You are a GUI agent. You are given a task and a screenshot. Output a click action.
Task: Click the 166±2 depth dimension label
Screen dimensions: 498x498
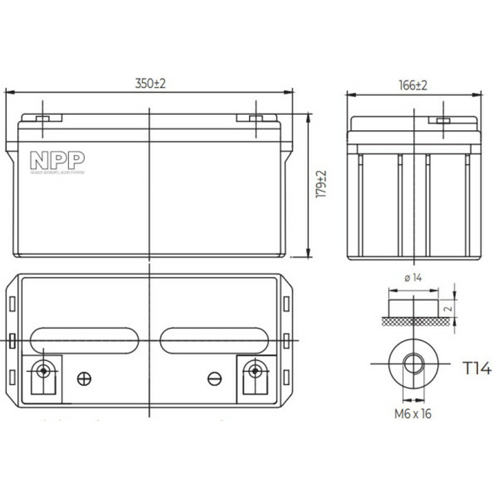tap(413, 85)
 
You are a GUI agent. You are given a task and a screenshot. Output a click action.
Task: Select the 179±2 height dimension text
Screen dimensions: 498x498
tap(321, 184)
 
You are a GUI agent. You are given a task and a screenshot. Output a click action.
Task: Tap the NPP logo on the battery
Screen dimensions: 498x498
tap(57, 161)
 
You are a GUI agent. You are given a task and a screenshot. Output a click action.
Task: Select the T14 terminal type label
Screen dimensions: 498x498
tap(476, 369)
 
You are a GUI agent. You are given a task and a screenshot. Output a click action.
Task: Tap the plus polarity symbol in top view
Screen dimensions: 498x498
tap(83, 378)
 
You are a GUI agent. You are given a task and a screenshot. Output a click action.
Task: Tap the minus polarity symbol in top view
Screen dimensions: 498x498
tap(215, 378)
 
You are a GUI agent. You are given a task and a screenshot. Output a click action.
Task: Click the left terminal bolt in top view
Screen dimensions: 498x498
tap(43, 371)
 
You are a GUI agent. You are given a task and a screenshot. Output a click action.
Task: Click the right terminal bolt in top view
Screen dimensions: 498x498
tap(253, 371)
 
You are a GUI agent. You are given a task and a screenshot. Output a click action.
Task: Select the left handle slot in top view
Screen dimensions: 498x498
tap(84, 341)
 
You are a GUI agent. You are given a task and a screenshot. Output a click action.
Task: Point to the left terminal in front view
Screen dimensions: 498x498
tap(42, 118)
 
